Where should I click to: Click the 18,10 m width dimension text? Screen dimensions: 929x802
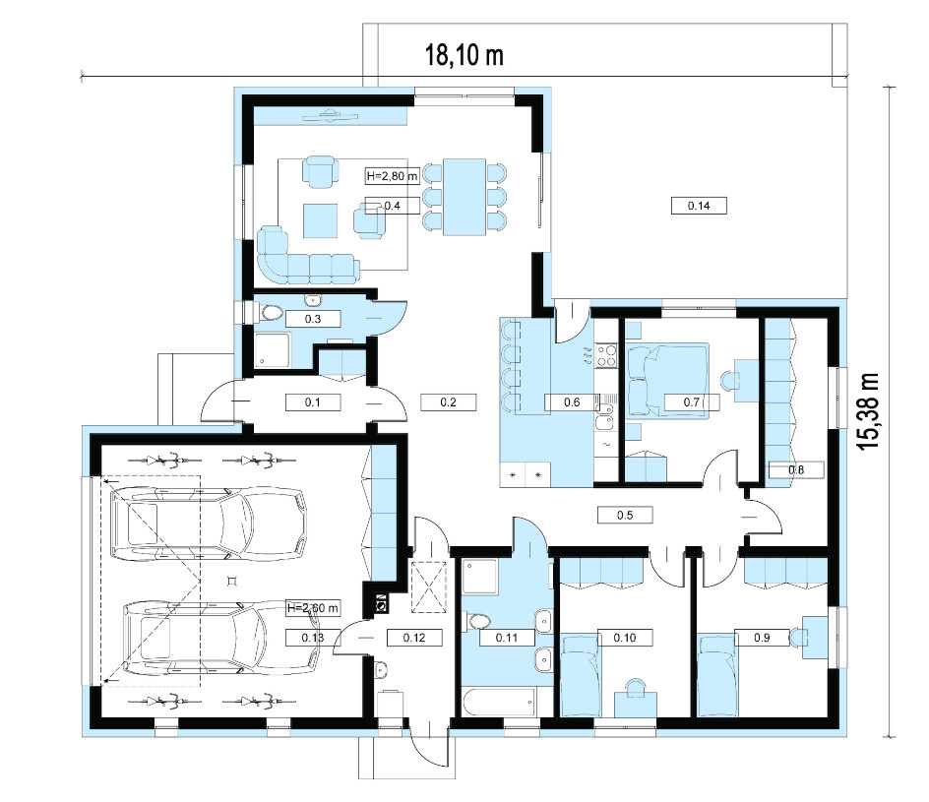coord(464,55)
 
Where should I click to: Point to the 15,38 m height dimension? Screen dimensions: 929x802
coord(869,411)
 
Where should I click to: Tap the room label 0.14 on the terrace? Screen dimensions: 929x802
coord(699,206)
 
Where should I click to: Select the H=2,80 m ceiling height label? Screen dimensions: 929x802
coord(392,176)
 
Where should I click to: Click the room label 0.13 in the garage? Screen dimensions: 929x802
coord(312,638)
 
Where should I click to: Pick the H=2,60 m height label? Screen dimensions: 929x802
coord(312,608)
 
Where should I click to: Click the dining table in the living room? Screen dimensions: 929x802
coord(464,197)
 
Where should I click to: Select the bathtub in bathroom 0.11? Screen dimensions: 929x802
coord(500,702)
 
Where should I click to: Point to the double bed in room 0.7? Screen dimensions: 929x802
coord(667,380)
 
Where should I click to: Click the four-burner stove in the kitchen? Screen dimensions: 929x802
coord(606,355)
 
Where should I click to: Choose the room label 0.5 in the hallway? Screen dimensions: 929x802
coord(625,515)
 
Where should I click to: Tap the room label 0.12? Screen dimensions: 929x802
coord(414,638)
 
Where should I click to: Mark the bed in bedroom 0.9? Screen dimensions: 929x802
coord(716,675)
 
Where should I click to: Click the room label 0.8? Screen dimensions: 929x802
coord(796,469)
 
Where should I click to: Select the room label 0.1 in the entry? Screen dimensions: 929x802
coord(312,402)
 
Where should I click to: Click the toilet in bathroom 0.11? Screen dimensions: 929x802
coord(477,621)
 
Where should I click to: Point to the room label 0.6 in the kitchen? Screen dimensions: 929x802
coord(572,402)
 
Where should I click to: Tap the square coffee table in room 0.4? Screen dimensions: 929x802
coord(321,220)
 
